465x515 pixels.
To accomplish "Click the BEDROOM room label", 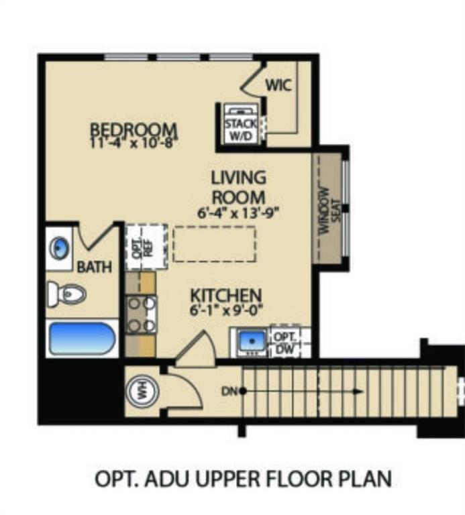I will click(x=134, y=128).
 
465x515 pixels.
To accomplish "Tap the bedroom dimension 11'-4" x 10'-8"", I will click(x=134, y=142).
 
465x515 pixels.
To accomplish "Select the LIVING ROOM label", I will click(x=238, y=188).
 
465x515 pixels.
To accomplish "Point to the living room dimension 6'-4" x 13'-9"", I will click(x=238, y=214).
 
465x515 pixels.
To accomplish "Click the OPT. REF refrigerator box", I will click(x=141, y=247).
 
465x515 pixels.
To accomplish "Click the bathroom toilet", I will click(x=66, y=294).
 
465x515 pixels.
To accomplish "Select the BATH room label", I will click(x=94, y=268).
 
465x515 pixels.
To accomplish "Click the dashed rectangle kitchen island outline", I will click(x=214, y=244).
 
